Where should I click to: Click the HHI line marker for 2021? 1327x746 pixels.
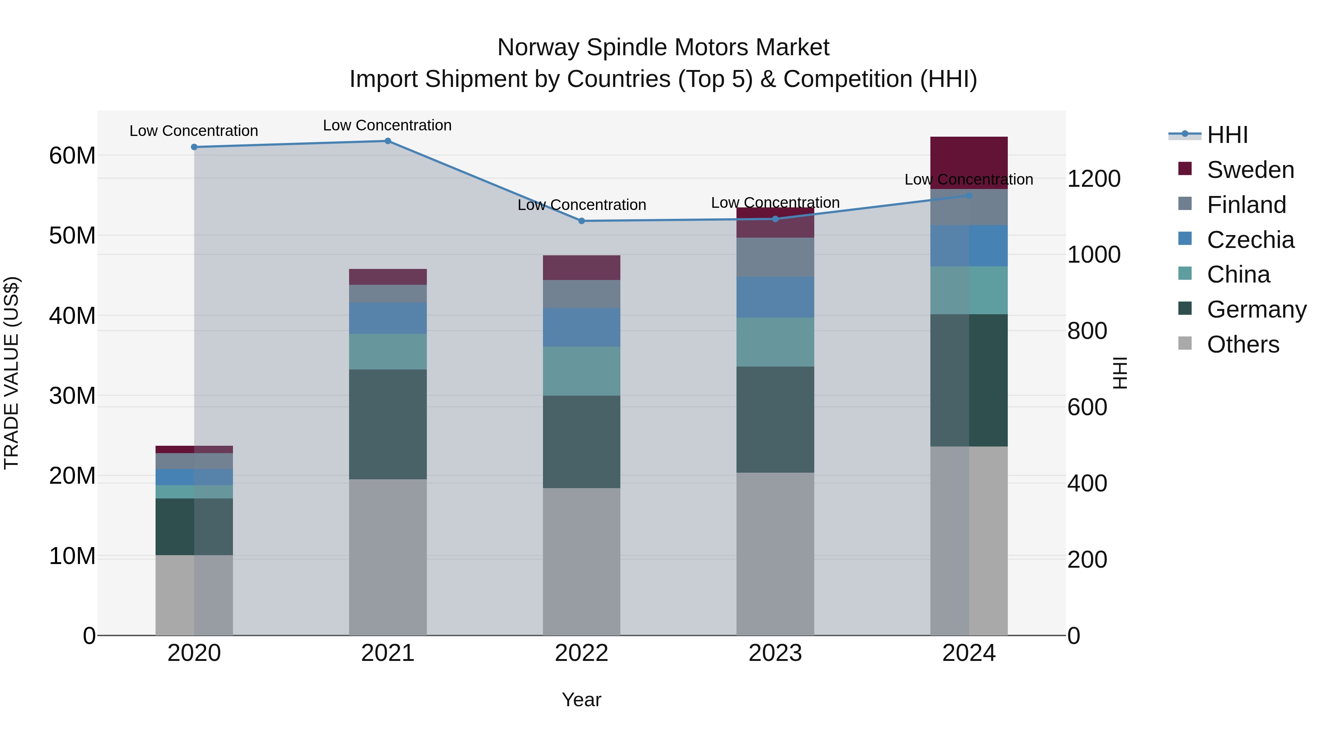pyautogui.click(x=388, y=141)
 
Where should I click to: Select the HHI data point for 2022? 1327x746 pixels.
pyautogui.click(x=582, y=221)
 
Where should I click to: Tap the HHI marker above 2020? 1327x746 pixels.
pyautogui.click(x=194, y=147)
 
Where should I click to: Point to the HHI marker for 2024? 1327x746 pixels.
pyautogui.click(x=969, y=196)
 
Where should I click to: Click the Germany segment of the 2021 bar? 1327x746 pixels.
pyautogui.click(x=388, y=424)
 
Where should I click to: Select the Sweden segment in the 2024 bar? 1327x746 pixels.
pyautogui.click(x=969, y=163)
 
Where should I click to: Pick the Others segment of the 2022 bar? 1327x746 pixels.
pyautogui.click(x=582, y=561)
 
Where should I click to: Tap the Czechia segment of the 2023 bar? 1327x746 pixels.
pyautogui.click(x=775, y=297)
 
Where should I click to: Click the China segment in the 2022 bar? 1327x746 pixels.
pyautogui.click(x=582, y=371)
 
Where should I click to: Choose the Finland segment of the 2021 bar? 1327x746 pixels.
pyautogui.click(x=388, y=294)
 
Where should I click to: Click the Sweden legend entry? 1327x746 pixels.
pyautogui.click(x=1250, y=170)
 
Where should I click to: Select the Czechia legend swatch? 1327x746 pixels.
pyautogui.click(x=1185, y=239)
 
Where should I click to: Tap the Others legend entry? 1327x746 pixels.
pyautogui.click(x=1243, y=344)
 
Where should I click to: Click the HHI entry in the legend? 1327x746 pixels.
pyautogui.click(x=1227, y=135)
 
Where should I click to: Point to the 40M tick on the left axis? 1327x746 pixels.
pyautogui.click(x=72, y=316)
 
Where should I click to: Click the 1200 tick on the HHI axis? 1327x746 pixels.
pyautogui.click(x=1094, y=179)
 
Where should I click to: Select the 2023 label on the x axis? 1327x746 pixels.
pyautogui.click(x=775, y=653)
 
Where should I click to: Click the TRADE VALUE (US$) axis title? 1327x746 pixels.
pyautogui.click(x=11, y=373)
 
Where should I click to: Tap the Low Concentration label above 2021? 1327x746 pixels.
pyautogui.click(x=387, y=125)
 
